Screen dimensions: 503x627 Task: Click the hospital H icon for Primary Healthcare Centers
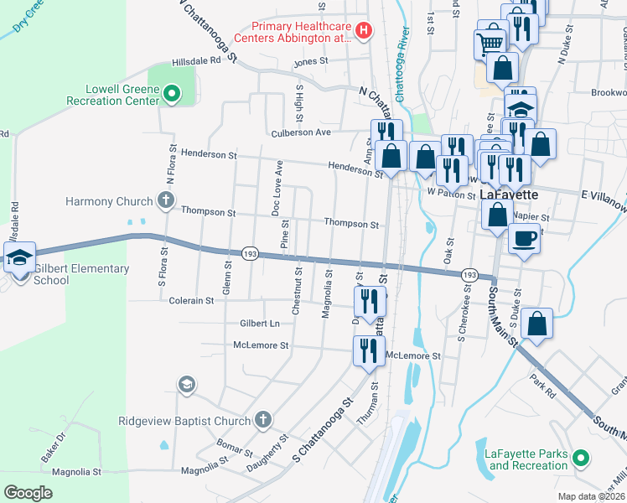point(364,32)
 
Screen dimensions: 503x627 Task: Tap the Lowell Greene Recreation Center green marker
point(173,94)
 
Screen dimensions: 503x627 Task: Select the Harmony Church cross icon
point(166,200)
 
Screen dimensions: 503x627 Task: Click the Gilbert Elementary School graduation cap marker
point(18,257)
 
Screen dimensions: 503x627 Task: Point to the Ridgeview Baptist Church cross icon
point(263,419)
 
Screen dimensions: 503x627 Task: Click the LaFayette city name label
point(509,195)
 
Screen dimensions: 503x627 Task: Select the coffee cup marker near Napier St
point(524,238)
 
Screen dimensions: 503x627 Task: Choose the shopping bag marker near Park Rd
point(536,324)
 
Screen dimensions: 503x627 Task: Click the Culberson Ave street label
point(303,132)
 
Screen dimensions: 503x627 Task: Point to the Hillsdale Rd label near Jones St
point(196,61)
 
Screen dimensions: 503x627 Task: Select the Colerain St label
point(193,300)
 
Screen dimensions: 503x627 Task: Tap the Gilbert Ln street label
point(260,323)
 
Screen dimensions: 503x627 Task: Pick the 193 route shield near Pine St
point(249,253)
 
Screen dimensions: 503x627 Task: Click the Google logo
point(28,493)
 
